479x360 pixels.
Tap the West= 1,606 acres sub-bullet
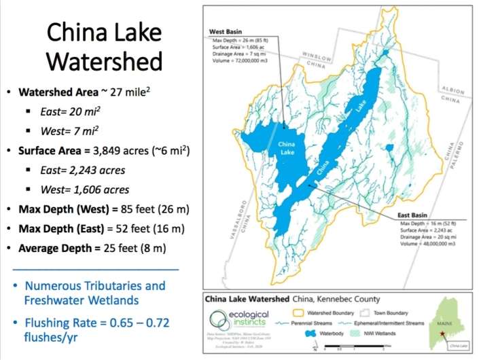point(81,190)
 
